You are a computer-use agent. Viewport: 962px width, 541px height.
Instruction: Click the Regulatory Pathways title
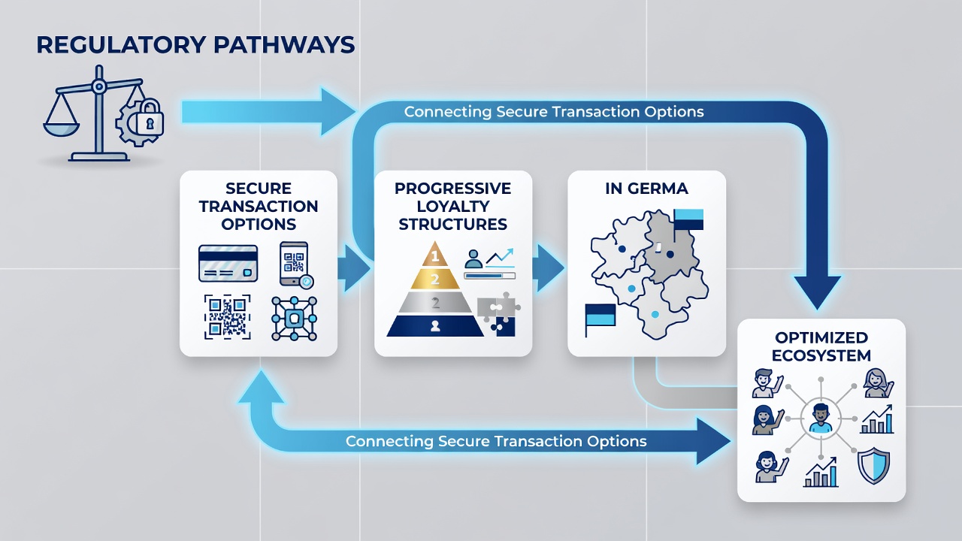tap(196, 45)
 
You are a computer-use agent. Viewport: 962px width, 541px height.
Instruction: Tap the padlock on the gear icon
tap(149, 116)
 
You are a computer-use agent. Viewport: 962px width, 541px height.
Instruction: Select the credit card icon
tap(228, 263)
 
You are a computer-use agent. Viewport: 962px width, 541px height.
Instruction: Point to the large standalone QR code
tap(227, 317)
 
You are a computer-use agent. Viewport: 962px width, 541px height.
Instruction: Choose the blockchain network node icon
tap(295, 319)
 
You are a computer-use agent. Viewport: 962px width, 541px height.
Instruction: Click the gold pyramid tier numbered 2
tap(435, 279)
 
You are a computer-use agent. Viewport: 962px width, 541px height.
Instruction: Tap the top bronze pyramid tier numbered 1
tap(435, 254)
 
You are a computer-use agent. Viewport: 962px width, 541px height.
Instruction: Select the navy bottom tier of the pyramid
tap(435, 326)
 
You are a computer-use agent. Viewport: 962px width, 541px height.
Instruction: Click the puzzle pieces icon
tap(498, 314)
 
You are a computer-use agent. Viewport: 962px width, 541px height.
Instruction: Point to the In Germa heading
tap(646, 189)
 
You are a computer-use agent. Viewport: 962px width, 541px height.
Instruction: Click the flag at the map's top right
tap(688, 219)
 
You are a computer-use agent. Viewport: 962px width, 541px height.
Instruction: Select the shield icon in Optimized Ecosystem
tap(873, 465)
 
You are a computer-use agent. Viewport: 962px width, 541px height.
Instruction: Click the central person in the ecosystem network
tap(820, 418)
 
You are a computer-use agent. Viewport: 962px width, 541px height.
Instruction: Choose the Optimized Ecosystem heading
tap(821, 346)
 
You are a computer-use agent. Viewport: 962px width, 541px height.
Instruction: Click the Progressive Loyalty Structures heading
tap(452, 206)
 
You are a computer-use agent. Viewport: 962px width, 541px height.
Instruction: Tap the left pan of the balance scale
tap(62, 128)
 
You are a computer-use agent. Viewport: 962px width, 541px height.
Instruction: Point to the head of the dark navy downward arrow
tap(817, 292)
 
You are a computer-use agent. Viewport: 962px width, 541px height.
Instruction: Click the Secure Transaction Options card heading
tap(258, 206)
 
